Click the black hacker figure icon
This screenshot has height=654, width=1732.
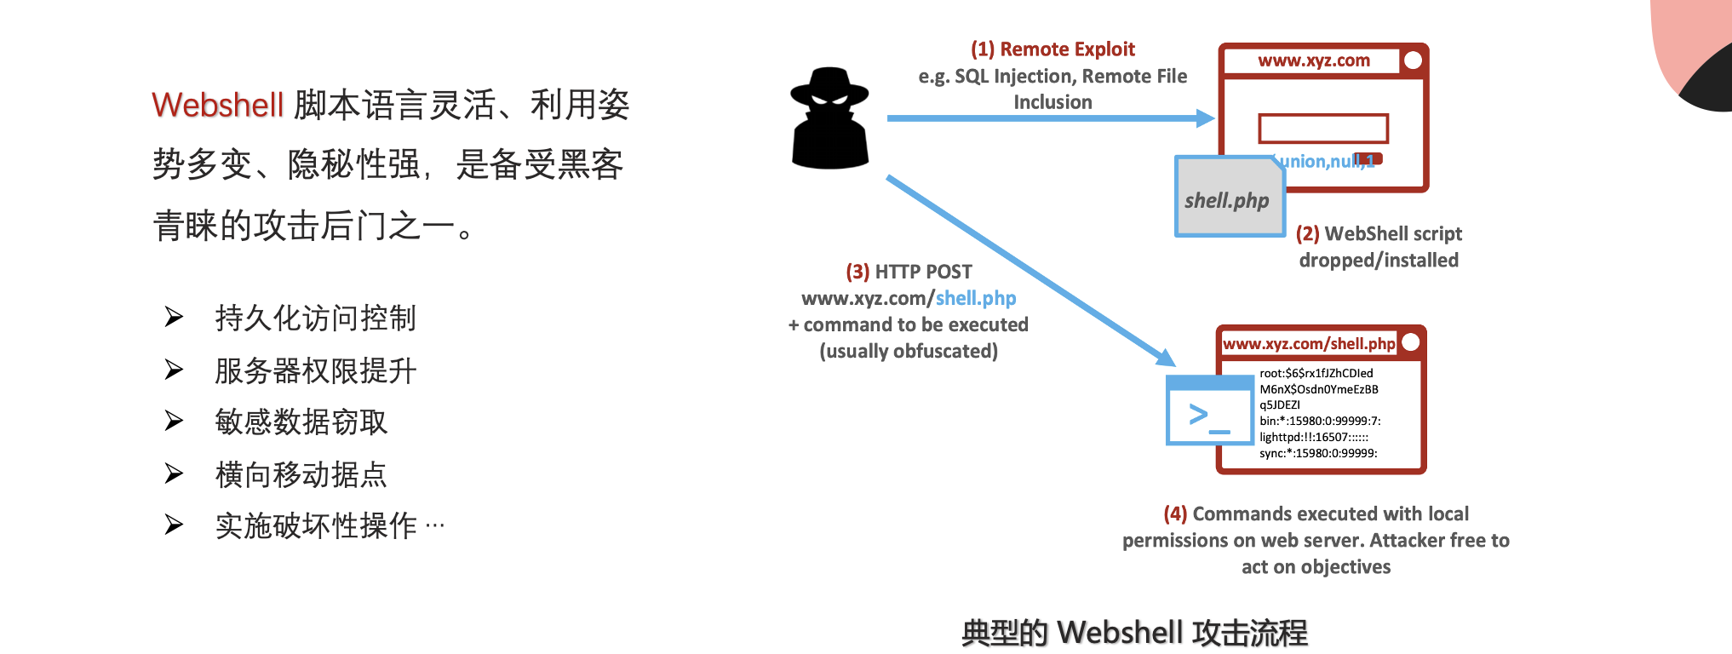[829, 118]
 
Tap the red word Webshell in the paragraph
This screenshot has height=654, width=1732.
[217, 106]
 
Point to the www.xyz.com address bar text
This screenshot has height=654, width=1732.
[1314, 61]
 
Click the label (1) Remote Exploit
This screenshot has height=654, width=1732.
[1052, 49]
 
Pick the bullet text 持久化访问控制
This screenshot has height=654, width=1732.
[315, 318]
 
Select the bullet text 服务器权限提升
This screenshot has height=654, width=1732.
[315, 370]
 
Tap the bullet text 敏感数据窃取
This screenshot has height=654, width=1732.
[301, 422]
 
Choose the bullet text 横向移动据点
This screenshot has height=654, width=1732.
[301, 474]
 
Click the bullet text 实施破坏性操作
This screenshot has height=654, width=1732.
[316, 526]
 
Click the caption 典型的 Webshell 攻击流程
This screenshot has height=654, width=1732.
[1133, 633]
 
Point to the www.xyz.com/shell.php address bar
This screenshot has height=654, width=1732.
[1309, 344]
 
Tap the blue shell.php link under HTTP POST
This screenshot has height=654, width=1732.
[976, 299]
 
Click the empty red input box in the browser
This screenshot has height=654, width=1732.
[1323, 129]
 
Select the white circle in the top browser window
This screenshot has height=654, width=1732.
[1413, 60]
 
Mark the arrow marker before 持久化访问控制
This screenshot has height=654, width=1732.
[174, 318]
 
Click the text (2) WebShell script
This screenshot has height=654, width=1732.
[1379, 234]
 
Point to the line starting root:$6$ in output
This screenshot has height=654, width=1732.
[1316, 373]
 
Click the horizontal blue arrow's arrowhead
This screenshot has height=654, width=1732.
[1205, 118]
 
